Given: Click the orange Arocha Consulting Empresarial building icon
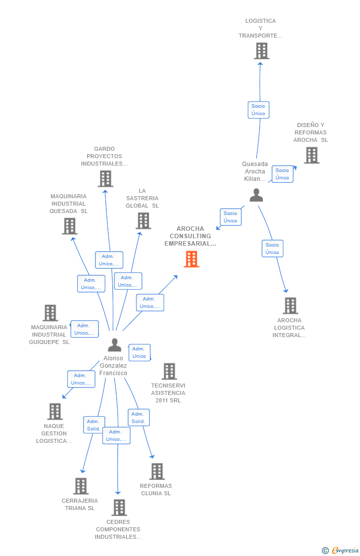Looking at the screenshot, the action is tap(191, 259).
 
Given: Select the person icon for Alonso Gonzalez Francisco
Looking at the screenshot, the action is tap(114, 345).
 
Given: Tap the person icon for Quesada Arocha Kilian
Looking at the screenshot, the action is tap(256, 195).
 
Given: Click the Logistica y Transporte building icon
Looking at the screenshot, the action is tap(262, 51).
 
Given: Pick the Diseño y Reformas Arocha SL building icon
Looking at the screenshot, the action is tap(312, 155).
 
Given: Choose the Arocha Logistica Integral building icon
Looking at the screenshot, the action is tap(290, 306).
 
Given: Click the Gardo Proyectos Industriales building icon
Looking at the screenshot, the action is tap(105, 178).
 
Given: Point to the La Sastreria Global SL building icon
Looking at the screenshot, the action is tap(143, 221).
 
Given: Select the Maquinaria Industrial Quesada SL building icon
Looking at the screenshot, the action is tap(70, 226).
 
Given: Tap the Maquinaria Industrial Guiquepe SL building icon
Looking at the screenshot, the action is tap(50, 313).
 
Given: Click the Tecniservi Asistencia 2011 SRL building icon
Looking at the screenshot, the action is tap(169, 371).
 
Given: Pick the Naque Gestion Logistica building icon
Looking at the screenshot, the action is tap(55, 411).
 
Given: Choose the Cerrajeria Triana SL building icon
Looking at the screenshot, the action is tap(81, 486).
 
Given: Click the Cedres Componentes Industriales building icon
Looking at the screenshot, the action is tap(119, 507).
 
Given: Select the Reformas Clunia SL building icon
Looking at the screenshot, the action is tap(157, 471).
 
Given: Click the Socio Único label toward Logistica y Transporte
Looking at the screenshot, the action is tap(258, 110).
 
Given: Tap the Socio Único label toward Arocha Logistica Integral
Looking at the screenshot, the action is tap(272, 249).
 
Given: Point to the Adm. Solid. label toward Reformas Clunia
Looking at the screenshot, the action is tap(138, 418).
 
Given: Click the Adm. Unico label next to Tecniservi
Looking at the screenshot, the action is tap(139, 352).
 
